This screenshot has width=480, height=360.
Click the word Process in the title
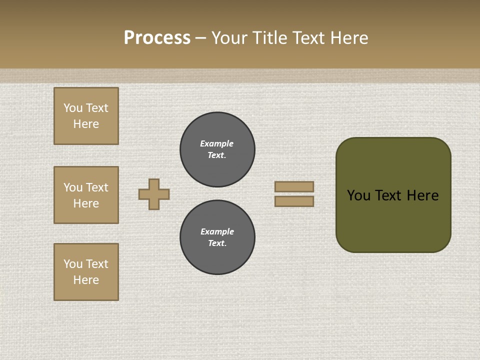(157, 38)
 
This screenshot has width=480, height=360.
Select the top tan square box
(86, 116)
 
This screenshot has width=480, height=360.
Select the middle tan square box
(86, 195)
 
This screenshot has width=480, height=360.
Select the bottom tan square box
(86, 272)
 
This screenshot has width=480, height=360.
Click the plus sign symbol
(154, 194)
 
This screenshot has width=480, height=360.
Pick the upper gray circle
(217, 149)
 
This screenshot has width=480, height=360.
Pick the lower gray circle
(217, 237)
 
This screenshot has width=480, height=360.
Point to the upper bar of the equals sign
(294, 186)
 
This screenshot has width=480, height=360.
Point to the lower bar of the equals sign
(294, 201)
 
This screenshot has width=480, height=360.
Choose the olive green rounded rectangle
(393, 220)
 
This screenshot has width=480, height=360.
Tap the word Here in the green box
(422, 195)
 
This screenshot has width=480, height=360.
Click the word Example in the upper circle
(217, 143)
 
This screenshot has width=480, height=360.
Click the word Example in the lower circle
(217, 231)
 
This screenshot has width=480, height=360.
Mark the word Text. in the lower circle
(217, 243)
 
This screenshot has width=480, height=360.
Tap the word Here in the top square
(86, 124)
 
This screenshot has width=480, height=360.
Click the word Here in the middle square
(86, 203)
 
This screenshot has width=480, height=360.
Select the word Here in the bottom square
(86, 280)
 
